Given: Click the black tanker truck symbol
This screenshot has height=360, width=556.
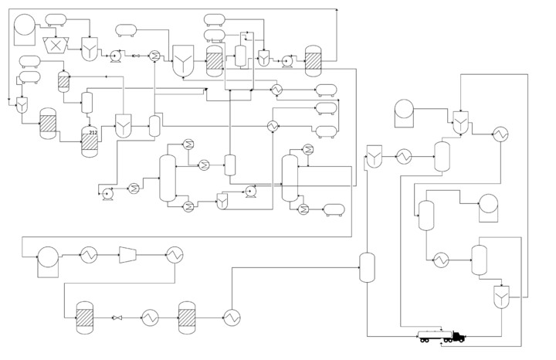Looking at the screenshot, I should point(441,337).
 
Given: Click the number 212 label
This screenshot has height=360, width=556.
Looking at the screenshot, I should point(93,133).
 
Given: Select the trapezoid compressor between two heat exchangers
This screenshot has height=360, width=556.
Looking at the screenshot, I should point(128,254).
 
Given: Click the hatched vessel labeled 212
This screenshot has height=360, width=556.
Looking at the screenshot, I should point(90,141).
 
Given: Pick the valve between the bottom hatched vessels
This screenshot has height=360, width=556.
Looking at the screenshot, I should point(117,318).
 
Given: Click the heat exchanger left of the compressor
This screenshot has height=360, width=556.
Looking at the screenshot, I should point(89,254).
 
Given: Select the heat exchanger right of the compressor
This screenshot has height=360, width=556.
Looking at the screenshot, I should point(174,254).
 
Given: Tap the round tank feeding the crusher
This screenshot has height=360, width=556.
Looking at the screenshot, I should point(24,25).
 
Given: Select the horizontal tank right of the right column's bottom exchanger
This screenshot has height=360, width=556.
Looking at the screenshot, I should point(334,209).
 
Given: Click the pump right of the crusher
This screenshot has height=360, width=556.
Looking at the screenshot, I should point(116,56).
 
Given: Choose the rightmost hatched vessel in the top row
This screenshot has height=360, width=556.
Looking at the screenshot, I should point(313,60).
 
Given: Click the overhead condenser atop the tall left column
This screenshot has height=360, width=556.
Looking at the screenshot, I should point(187,144).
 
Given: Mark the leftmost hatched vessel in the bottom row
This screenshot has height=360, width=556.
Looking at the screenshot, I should point(84,318).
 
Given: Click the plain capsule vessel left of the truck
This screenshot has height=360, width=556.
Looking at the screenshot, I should point(367,268).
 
